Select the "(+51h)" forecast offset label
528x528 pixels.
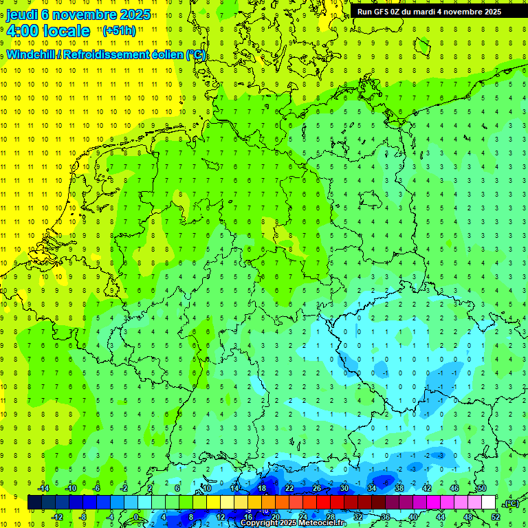[119, 30]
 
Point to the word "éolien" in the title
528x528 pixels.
[162, 55]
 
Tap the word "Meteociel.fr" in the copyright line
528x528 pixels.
[318, 523]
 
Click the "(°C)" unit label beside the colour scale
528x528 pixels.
[511, 503]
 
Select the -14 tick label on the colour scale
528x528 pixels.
[43, 488]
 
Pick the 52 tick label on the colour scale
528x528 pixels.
[496, 517]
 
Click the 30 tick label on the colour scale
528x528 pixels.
[344, 488]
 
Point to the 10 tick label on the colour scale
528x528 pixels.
[206, 488]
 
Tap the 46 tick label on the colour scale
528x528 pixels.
[454, 488]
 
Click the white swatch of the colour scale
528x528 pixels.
[489, 503]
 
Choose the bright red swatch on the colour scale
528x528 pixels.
[323, 503]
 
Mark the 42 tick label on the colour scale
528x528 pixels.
[427, 488]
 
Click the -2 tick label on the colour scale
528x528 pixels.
[124, 488]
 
